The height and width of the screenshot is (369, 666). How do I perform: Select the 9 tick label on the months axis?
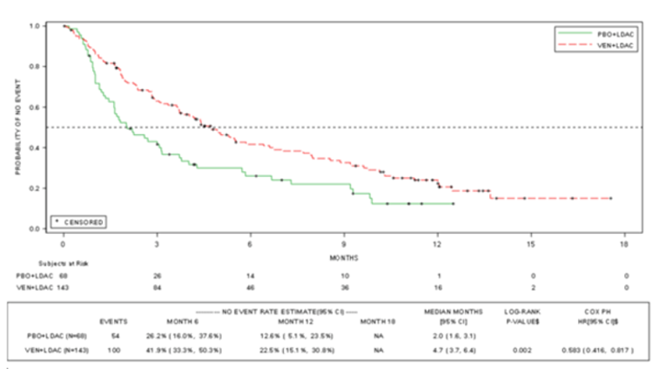pos(343,243)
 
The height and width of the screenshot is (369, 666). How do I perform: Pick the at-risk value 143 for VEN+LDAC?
pos(63,288)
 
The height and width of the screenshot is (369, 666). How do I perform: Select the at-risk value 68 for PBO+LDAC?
pos(63,274)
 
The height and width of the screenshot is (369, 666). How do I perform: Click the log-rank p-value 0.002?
pos(521,349)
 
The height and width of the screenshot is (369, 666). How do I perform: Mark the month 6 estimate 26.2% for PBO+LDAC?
pos(185,335)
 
